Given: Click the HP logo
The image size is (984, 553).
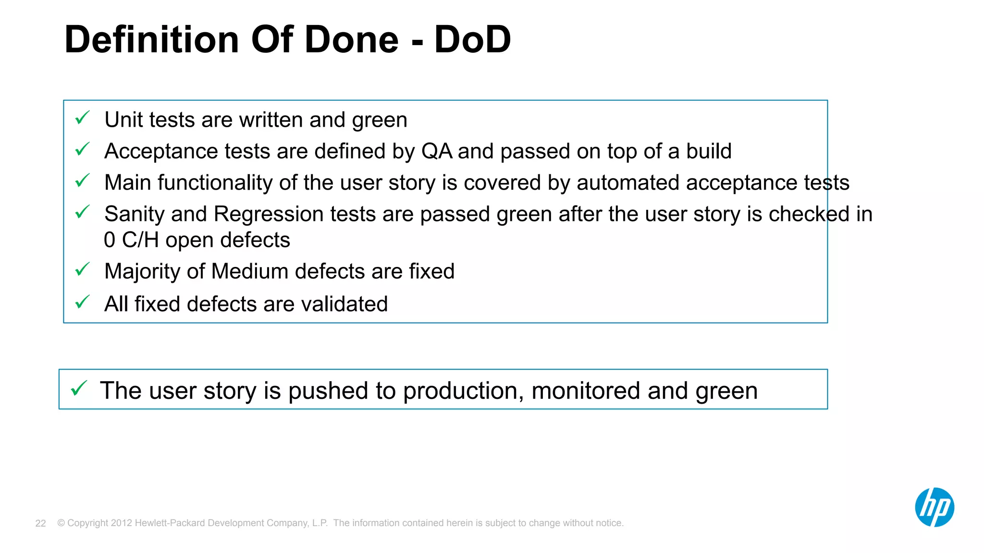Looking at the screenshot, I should click(x=934, y=507).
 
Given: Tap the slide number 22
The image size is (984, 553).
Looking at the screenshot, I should click(x=41, y=523).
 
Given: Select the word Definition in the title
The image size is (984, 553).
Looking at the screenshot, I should click(x=152, y=39).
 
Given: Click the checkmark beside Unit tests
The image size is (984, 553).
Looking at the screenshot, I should click(x=83, y=118).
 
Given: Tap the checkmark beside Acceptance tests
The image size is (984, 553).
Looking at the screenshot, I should click(x=83, y=149).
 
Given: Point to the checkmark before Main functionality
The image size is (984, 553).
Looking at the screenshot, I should click(x=83, y=181).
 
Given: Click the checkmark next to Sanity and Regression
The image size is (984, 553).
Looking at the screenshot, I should click(x=83, y=212).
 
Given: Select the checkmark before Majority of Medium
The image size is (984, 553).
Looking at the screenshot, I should click(x=83, y=269).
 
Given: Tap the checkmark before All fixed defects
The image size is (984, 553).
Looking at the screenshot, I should click(x=83, y=302).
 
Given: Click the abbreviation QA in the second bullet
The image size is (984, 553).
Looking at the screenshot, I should click(x=436, y=151).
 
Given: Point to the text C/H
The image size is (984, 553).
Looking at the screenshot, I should click(x=140, y=240).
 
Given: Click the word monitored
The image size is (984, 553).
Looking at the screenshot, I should click(x=586, y=391).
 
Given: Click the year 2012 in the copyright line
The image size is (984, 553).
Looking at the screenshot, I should click(x=121, y=523).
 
